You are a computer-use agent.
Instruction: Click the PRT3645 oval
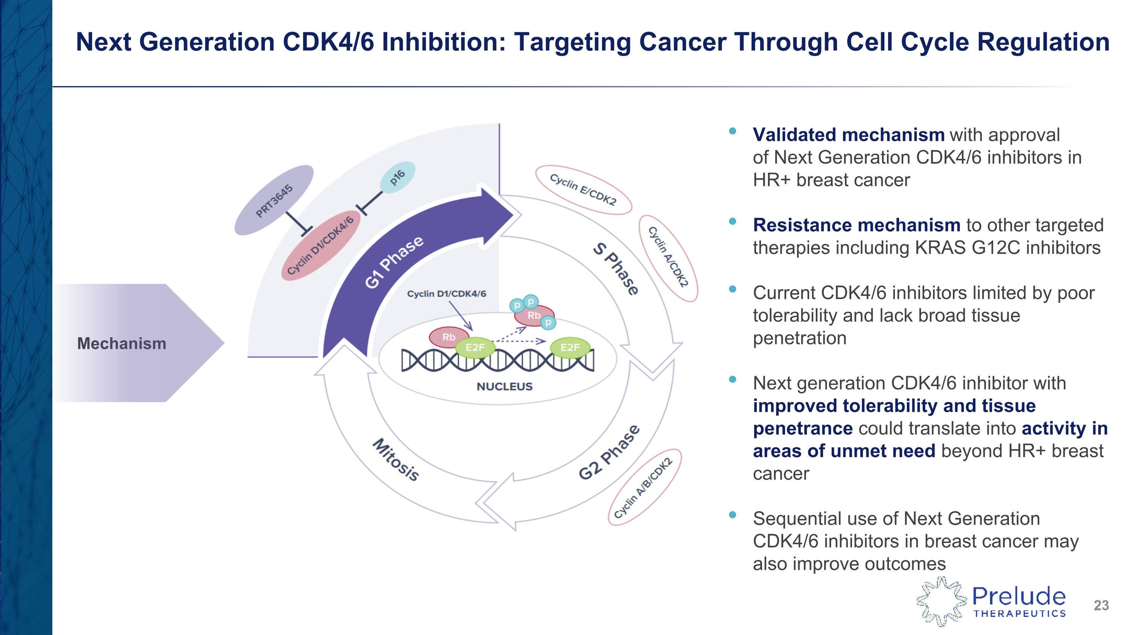pos(274,200)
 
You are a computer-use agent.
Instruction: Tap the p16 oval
pos(397,177)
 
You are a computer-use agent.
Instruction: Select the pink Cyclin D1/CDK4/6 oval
pos(320,245)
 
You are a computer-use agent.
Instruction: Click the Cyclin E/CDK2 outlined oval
pos(583,190)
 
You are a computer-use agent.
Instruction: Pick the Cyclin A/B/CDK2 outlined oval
pos(644,487)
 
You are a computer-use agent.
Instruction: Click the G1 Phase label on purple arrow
pos(394,262)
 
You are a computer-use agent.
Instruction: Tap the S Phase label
pos(615,269)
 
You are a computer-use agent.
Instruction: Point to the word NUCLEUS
pos(504,387)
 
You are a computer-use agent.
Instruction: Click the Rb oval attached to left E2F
pos(448,337)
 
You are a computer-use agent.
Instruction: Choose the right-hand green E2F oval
pos(570,347)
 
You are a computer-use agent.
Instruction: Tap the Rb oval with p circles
pos(534,315)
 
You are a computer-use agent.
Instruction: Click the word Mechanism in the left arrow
pos(122,344)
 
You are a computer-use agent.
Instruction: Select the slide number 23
pos(1101,605)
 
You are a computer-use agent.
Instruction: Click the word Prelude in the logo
pos(1019,597)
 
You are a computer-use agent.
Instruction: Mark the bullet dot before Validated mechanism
pos(732,131)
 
